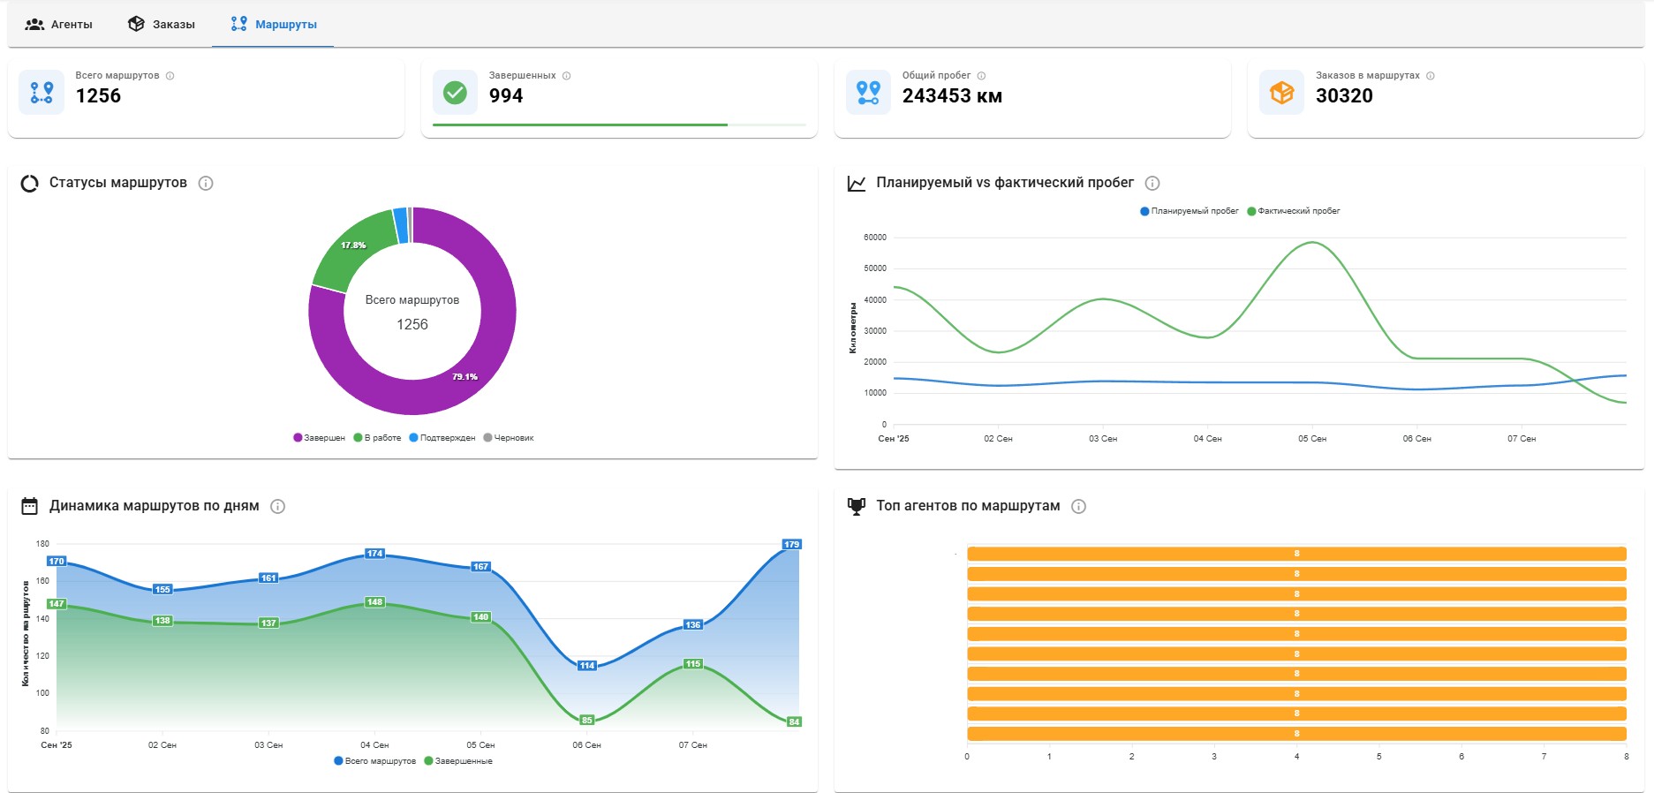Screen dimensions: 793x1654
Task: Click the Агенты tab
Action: pyautogui.click(x=59, y=24)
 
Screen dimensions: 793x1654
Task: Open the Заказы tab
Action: pyautogui.click(x=162, y=24)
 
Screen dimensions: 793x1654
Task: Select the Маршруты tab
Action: pyautogui.click(x=274, y=24)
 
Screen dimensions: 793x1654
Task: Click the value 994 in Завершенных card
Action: pyautogui.click(x=506, y=95)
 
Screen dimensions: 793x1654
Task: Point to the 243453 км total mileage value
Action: pyautogui.click(x=952, y=95)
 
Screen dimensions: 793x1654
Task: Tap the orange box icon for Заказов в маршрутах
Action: pyautogui.click(x=1281, y=92)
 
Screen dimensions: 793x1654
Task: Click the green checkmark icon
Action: pyautogui.click(x=455, y=92)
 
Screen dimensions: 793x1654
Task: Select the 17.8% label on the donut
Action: pyautogui.click(x=353, y=245)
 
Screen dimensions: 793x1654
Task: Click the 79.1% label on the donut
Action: pyautogui.click(x=464, y=377)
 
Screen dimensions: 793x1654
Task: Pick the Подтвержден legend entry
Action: pyautogui.click(x=442, y=438)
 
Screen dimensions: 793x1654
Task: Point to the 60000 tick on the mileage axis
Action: pyautogui.click(x=875, y=238)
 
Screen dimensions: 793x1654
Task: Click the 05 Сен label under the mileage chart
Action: pyautogui.click(x=1312, y=439)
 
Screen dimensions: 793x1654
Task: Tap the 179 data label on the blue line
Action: pyautogui.click(x=791, y=544)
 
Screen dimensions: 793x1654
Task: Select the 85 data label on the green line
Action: pyautogui.click(x=587, y=721)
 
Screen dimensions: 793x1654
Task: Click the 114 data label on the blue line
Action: pyautogui.click(x=587, y=666)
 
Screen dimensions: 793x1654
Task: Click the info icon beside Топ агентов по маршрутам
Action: pyautogui.click(x=1078, y=506)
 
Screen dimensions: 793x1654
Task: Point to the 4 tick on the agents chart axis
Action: pyautogui.click(x=1296, y=757)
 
